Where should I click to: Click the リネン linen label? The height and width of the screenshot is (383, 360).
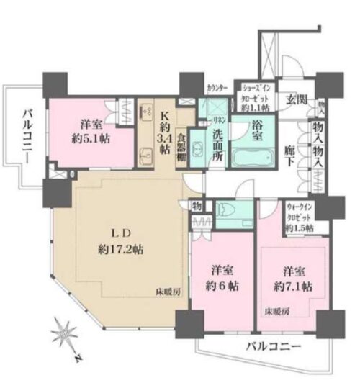tap(217, 121)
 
